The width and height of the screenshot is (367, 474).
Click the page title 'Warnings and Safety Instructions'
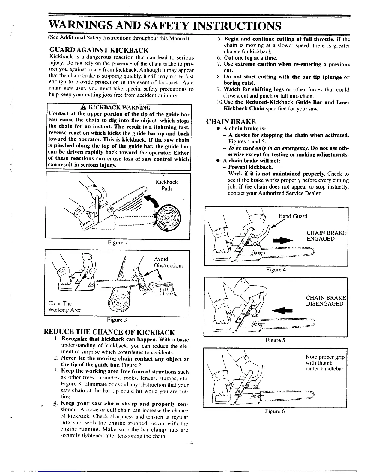pyautogui.click(x=165, y=26)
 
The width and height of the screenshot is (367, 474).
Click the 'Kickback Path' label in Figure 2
pyautogui.click(x=166, y=185)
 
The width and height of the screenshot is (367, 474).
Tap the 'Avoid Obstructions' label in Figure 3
pyautogui.click(x=168, y=262)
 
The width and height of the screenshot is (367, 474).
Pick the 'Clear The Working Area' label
pyautogui.click(x=65, y=306)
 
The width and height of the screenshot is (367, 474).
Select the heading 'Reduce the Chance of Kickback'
pyautogui.click(x=109, y=332)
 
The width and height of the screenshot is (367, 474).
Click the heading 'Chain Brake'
pyautogui.click(x=231, y=121)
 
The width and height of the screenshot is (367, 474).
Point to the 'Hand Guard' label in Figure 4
pyautogui.click(x=293, y=216)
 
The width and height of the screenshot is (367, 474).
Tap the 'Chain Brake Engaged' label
pyautogui.click(x=326, y=236)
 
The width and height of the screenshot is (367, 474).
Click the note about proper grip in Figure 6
pyautogui.click(x=325, y=363)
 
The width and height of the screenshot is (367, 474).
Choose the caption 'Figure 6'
pyautogui.click(x=275, y=411)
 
